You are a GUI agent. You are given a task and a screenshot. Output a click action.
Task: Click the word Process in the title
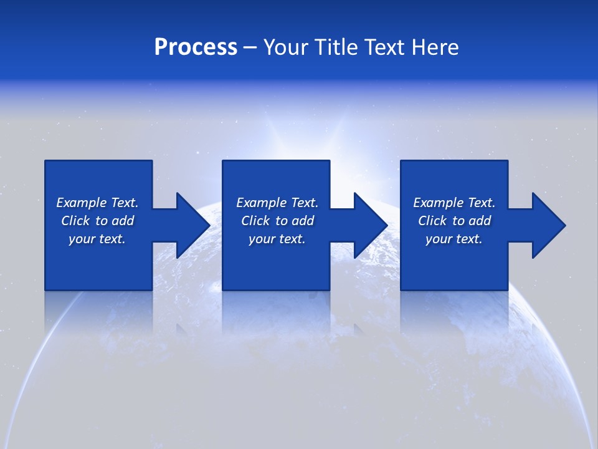[196, 47]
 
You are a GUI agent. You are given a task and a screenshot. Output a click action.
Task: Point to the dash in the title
[250, 48]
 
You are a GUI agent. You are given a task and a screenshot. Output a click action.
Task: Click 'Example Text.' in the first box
[97, 203]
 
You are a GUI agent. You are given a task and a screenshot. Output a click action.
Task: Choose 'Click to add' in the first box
[97, 221]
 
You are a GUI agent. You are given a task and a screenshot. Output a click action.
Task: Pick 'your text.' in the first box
[97, 239]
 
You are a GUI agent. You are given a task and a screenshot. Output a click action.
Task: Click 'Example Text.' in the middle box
[277, 203]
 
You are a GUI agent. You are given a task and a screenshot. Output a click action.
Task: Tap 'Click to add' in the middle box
[277, 221]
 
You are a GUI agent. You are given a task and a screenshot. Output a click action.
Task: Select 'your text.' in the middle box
[277, 239]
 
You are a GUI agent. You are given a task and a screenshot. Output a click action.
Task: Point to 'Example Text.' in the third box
[454, 203]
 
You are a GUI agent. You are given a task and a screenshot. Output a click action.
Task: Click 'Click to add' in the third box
[454, 221]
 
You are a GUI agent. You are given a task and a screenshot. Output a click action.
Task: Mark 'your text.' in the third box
[454, 239]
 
